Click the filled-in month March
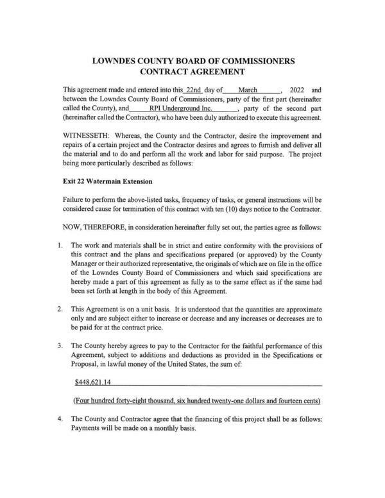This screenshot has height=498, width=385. [248, 90]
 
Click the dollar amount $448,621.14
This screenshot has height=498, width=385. [93, 383]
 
